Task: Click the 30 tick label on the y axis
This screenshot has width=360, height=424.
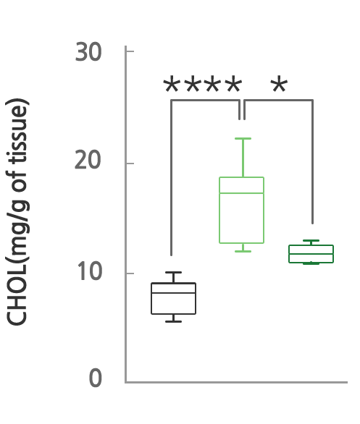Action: click(88, 52)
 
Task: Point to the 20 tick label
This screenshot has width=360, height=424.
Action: click(88, 161)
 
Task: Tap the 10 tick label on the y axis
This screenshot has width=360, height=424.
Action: click(90, 271)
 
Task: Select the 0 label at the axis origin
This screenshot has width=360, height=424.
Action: click(96, 378)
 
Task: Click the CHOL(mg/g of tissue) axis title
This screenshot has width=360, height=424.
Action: click(17, 212)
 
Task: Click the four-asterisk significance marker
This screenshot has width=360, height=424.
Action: click(203, 85)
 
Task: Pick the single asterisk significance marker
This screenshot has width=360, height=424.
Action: click(279, 85)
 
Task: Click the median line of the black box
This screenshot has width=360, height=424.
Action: click(174, 293)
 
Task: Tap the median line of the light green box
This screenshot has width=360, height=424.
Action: click(241, 193)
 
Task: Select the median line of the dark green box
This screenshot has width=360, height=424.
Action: click(311, 254)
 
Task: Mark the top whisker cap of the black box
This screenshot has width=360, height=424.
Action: click(174, 272)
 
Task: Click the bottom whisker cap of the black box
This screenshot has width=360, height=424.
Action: click(174, 321)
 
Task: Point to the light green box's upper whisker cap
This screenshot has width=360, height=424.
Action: click(243, 138)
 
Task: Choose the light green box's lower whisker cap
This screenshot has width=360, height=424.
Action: click(243, 252)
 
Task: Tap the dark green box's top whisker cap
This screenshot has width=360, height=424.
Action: click(311, 240)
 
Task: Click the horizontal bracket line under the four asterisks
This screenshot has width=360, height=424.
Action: click(206, 101)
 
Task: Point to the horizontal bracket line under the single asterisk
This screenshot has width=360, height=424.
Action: click(279, 101)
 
